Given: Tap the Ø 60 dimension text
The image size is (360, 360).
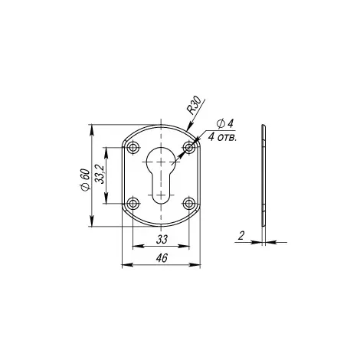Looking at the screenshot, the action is (85, 179).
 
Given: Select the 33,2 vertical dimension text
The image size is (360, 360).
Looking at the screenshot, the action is (100, 175).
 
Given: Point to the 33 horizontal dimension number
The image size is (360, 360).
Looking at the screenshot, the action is (162, 240).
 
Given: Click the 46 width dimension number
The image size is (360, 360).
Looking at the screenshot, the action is (162, 258).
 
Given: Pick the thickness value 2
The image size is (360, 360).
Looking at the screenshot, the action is (241, 235).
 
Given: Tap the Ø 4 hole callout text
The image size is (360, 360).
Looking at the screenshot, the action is (225, 124).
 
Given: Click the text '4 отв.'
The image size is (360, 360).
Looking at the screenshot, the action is (222, 137).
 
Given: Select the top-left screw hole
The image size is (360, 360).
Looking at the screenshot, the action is (133, 147).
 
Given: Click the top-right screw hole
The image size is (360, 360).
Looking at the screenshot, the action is (189, 147).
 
